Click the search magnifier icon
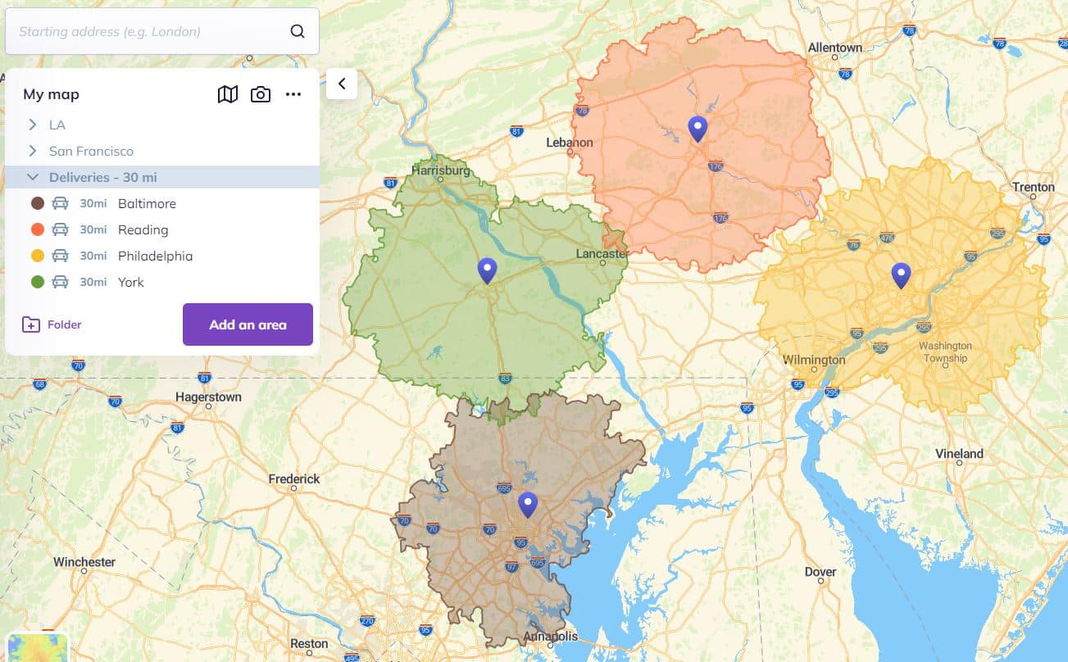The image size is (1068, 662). click(298, 32)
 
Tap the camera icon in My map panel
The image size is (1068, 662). click(261, 94)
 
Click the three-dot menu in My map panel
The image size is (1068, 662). click(293, 94)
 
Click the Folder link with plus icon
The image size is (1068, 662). click(52, 324)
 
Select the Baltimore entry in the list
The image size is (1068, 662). click(147, 203)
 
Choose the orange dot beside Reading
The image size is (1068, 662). click(38, 229)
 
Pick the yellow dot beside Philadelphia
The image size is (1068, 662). click(38, 256)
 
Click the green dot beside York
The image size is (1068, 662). click(38, 282)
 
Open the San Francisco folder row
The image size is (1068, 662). click(90, 151)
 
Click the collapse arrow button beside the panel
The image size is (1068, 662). click(342, 84)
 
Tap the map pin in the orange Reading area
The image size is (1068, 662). click(698, 129)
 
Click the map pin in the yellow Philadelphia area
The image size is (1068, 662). click(901, 275)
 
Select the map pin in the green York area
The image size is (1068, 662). click(488, 270)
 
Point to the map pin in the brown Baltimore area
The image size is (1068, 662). click(528, 504)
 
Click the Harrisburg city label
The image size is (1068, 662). click(441, 171)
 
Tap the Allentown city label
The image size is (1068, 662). click(834, 48)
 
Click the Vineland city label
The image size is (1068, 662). click(959, 453)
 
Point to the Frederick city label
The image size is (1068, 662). click(294, 478)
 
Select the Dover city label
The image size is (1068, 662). click(820, 572)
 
